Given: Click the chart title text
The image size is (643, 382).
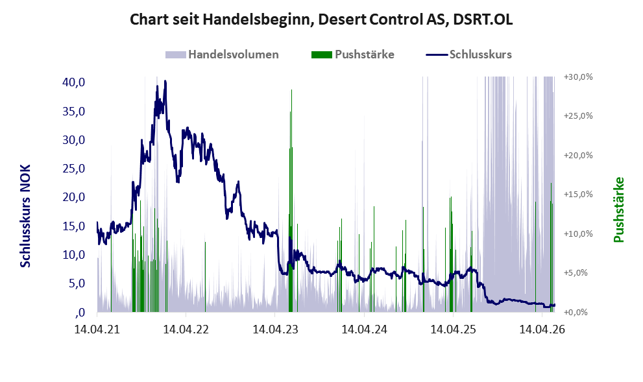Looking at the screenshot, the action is tap(321, 19).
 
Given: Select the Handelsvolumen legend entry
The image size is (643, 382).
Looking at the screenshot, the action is tap(222, 54).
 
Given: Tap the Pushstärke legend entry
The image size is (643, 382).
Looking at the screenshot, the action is tap(353, 54).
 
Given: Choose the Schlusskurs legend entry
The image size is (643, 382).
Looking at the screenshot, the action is tap(468, 54).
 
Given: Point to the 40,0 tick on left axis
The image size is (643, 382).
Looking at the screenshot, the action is tap(73, 82).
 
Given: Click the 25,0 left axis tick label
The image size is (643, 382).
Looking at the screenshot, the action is tap(73, 169).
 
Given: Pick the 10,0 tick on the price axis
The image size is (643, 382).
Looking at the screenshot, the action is tap(73, 254).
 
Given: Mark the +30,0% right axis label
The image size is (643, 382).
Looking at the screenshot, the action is tap(578, 77).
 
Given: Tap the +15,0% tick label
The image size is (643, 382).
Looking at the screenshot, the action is tap(578, 195).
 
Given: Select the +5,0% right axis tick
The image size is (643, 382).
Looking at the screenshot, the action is tap(576, 272).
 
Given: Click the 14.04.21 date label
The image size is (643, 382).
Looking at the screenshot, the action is tap(97, 329).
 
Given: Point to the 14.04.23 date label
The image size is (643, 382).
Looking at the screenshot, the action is tap(275, 329).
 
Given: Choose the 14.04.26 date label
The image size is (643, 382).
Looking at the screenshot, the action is tap(542, 329).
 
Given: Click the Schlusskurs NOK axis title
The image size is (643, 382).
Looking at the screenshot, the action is tap(25, 216).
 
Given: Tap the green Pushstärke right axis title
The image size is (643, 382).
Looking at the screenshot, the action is tap(619, 209).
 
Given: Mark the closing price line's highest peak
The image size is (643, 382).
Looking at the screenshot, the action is tap(165, 81).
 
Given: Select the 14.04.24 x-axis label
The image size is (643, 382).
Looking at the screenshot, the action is tap(364, 329).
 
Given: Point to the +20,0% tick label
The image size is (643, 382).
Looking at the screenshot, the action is tap(578, 156).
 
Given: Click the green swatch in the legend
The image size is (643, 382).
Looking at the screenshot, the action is tap(322, 55).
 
